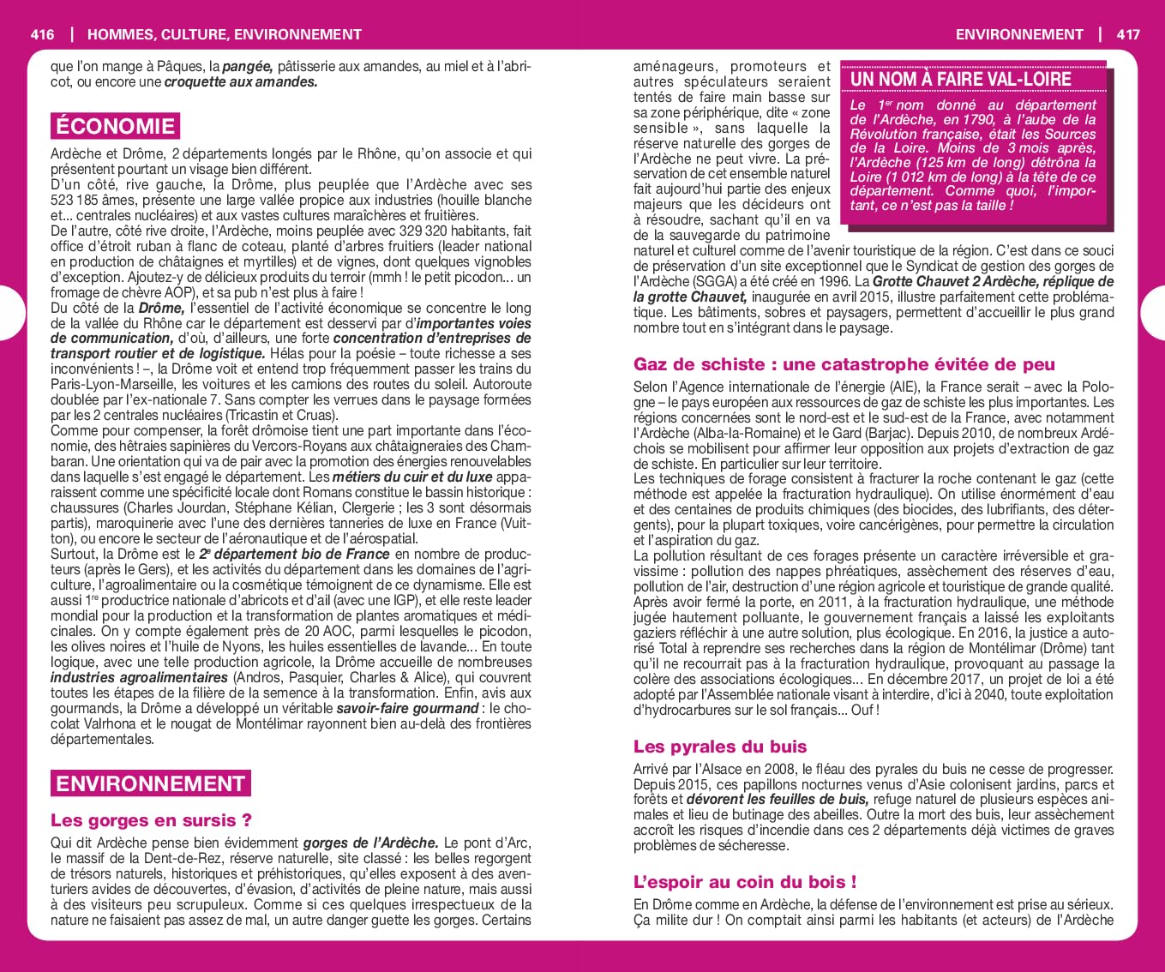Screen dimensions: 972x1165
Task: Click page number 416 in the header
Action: pos(41,34)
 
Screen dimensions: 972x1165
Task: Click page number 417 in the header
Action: pos(1128,34)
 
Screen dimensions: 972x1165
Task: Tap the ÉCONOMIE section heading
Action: pos(115,127)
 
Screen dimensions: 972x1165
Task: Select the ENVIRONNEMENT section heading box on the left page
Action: pos(150,783)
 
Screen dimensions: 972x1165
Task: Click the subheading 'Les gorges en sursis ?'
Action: pos(151,820)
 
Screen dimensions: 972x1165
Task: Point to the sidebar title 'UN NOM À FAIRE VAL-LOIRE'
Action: pos(960,79)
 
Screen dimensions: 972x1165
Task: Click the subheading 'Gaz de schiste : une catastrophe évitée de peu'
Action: pos(844,364)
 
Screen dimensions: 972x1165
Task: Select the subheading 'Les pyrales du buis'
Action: pos(720,747)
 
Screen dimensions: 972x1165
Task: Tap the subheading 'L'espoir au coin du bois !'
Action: pos(745,882)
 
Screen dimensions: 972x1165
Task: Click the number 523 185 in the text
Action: pos(75,201)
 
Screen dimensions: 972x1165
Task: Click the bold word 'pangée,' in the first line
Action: pos(248,67)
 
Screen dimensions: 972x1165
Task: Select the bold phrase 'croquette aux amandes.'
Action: pos(241,82)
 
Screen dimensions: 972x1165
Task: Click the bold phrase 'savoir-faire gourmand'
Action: pos(407,709)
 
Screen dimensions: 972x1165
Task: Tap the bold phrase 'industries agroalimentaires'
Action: pos(139,678)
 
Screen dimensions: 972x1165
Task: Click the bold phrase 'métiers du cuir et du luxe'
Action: pos(412,477)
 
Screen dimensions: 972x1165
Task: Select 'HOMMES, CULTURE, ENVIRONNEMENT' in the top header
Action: pos(225,34)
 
